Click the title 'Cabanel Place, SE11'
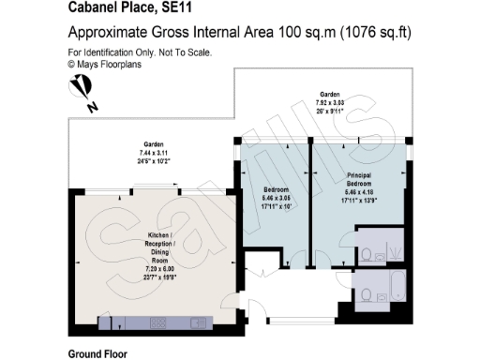[x=117, y=7]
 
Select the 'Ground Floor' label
[x=97, y=354]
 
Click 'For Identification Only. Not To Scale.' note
[x=140, y=53]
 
